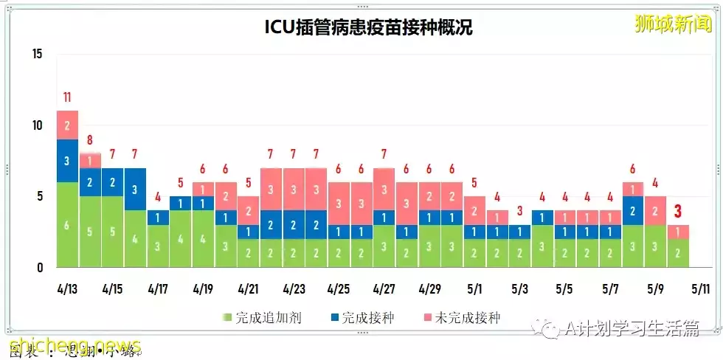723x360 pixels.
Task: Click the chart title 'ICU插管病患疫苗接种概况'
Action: coord(368,27)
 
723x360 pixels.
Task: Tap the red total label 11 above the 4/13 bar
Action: coord(67,97)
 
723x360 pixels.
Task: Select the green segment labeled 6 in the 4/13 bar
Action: coord(67,225)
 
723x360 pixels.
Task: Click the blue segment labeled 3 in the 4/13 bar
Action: coord(67,161)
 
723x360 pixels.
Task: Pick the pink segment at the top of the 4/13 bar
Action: coord(67,125)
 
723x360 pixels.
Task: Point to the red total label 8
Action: coord(89,140)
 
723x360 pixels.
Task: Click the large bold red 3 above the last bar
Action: coord(678,212)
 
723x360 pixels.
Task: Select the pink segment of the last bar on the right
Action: coord(678,232)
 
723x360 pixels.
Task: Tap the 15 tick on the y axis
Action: coord(38,55)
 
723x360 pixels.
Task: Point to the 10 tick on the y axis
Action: coord(38,125)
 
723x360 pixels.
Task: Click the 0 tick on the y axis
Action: coord(41,268)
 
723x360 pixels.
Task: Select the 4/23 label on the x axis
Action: coord(294,288)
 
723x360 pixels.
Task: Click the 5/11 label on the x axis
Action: coord(701,288)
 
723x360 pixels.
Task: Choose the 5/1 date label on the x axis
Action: coord(474,288)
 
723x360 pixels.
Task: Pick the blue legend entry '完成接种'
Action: coord(362,318)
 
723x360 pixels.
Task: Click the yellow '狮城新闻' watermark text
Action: coord(673,24)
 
